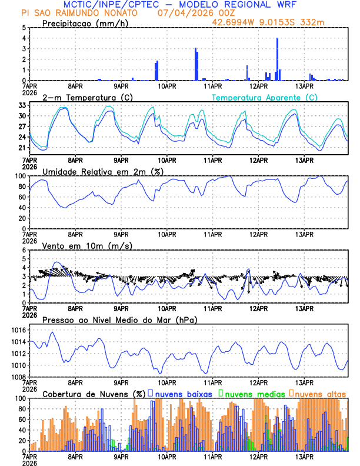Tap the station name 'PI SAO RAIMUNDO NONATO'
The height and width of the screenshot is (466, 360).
coord(80,13)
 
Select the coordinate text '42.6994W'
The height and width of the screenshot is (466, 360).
coord(234,22)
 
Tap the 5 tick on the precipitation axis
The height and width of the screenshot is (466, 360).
coord(24,28)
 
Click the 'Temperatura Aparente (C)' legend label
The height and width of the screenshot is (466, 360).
coord(265,97)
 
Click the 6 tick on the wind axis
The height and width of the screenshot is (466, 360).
coord(24,250)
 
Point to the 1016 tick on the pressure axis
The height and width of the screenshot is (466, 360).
coord(19,330)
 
